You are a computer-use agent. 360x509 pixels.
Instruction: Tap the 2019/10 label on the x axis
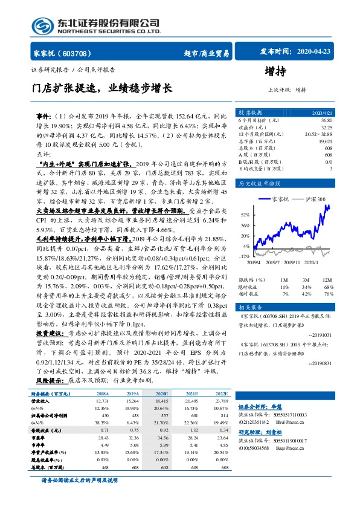pos(292,262)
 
